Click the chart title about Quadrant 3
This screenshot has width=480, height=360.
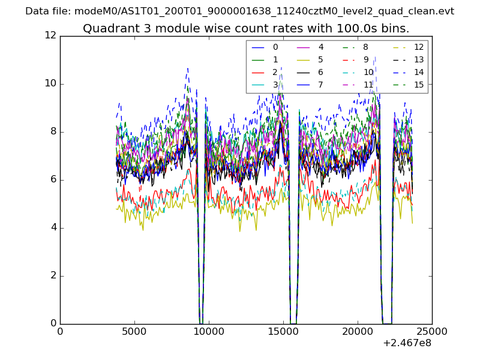point(246,29)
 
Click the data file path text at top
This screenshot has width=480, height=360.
point(239,11)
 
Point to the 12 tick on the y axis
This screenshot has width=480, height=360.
point(50,35)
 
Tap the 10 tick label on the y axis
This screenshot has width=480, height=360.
point(50,83)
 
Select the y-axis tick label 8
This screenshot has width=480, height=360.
point(53,131)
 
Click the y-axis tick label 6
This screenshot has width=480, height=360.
point(53,179)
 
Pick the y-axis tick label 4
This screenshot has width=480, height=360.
point(53,227)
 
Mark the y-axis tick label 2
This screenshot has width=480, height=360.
point(53,275)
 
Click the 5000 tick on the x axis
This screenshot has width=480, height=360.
point(134,332)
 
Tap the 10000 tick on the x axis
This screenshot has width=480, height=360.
point(209,332)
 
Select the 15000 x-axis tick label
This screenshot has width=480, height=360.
point(283,332)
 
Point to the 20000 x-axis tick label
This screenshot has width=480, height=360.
point(358,332)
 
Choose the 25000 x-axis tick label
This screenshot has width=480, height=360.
point(432,332)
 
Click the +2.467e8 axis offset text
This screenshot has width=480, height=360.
point(406,344)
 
